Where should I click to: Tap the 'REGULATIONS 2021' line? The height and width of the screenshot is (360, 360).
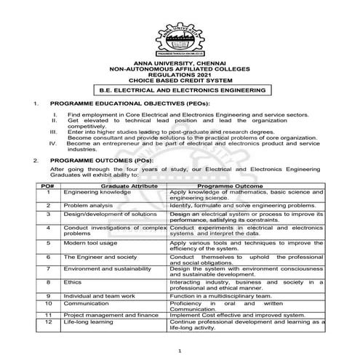click(x=179, y=76)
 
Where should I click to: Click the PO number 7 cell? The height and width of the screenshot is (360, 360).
click(x=47, y=268)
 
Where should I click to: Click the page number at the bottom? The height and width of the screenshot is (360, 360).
click(x=179, y=351)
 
